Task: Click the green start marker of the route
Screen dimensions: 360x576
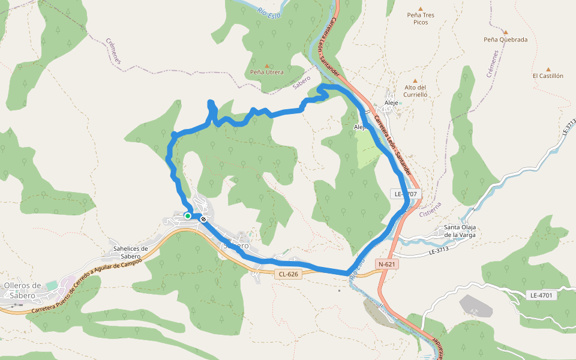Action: [188, 216]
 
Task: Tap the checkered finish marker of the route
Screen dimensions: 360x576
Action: [204, 219]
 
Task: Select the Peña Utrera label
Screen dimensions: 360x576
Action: [267, 72]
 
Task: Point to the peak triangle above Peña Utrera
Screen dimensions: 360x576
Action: [267, 64]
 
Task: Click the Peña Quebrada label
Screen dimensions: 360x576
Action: [506, 40]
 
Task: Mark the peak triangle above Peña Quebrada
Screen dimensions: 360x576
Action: [506, 32]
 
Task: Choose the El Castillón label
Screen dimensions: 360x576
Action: [548, 76]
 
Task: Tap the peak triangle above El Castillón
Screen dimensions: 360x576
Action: [548, 69]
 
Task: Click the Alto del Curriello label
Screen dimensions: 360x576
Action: [415, 91]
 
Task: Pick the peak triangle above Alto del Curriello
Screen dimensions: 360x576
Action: [415, 80]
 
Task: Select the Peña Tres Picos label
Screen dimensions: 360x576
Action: [421, 19]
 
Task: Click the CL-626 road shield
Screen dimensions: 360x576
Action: [288, 274]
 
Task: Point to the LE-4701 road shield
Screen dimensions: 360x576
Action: [541, 295]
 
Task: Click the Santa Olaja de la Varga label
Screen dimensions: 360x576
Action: [460, 231]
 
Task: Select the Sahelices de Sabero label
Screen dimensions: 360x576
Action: [130, 253]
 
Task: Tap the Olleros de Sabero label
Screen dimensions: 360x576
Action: [22, 289]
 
